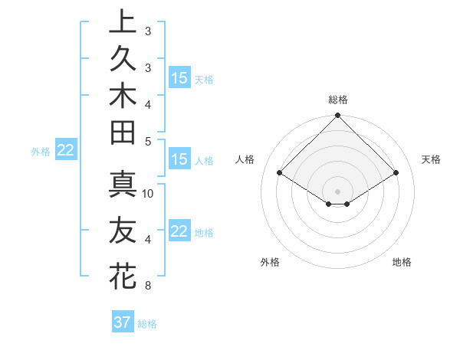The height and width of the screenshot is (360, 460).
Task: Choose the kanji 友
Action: (123, 230)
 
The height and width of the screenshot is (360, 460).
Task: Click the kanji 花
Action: (123, 274)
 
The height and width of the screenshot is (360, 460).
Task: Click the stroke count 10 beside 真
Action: (148, 194)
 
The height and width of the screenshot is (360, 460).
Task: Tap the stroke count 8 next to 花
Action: (148, 286)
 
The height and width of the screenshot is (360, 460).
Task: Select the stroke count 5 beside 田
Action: (148, 141)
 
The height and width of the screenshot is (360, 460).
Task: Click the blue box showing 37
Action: (123, 322)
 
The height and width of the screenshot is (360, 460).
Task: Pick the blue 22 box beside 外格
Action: (66, 150)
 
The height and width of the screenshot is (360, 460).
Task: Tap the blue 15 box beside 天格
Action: (179, 78)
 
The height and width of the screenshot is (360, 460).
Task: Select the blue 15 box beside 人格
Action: (179, 160)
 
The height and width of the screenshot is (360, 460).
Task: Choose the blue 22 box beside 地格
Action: (179, 231)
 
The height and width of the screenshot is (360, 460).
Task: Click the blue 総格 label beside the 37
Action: (147, 324)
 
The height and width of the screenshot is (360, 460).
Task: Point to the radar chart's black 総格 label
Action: (338, 100)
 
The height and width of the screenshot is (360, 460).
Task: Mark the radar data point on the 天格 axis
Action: (396, 173)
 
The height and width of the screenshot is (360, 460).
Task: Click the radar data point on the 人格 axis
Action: (280, 173)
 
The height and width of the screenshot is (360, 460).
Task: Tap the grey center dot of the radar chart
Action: (338, 190)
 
